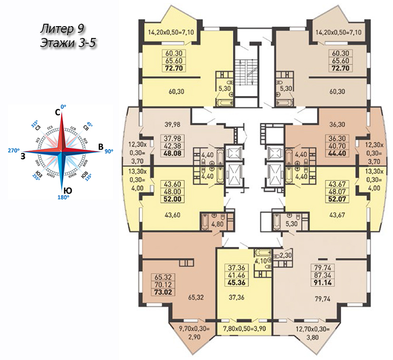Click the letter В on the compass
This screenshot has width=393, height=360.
pyautogui.click(x=101, y=147)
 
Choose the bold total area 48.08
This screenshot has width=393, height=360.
pyautogui.click(x=170, y=154)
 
